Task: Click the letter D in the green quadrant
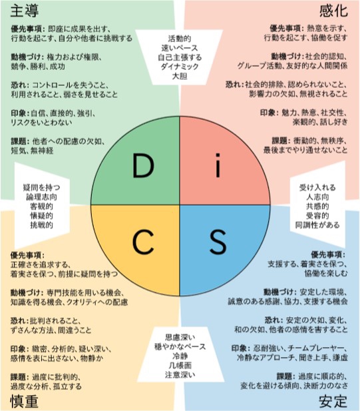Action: click(x=143, y=166)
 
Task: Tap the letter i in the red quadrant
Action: click(x=218, y=165)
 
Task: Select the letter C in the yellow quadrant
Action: click(x=143, y=242)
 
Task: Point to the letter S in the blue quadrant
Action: click(x=218, y=242)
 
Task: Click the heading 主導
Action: click(x=25, y=11)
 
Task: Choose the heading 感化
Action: click(x=333, y=11)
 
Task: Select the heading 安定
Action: click(x=333, y=401)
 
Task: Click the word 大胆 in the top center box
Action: click(x=180, y=76)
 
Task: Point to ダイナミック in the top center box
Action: click(x=180, y=67)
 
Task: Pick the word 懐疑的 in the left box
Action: click(x=42, y=215)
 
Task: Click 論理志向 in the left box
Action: click(x=42, y=197)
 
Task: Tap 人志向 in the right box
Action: click(x=317, y=197)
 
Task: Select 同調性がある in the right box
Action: click(x=317, y=225)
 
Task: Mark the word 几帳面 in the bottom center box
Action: click(x=180, y=366)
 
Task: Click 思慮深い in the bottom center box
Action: click(x=180, y=337)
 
